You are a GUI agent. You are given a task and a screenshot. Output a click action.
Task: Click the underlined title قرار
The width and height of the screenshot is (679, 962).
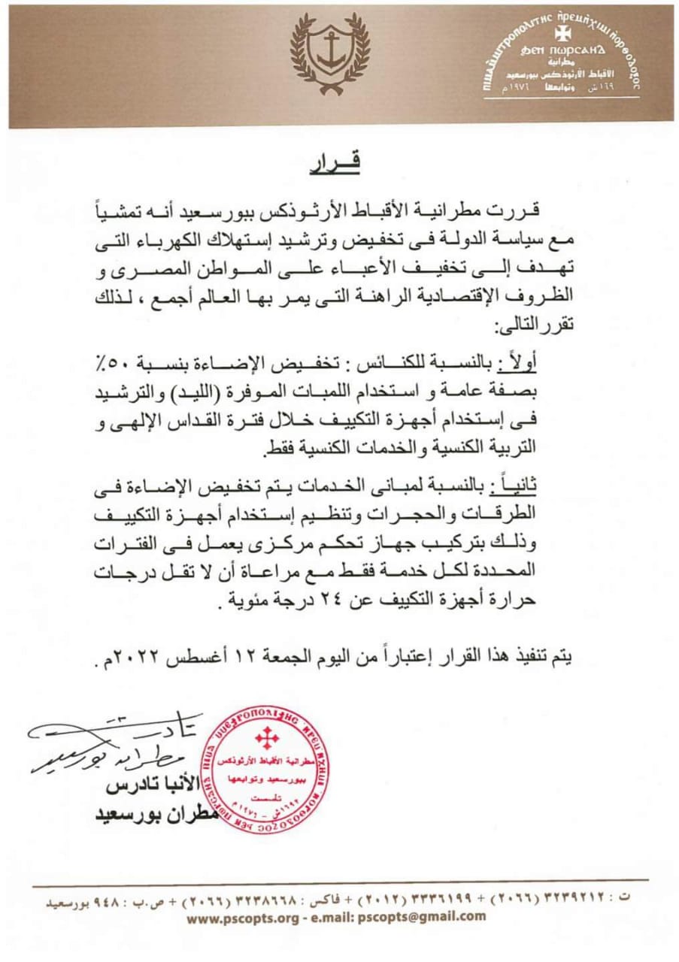335,163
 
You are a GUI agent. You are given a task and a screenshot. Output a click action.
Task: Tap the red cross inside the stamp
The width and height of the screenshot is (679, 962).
266,738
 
